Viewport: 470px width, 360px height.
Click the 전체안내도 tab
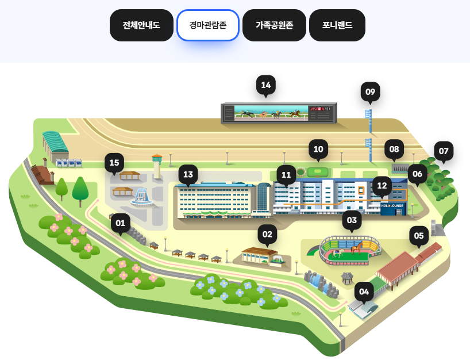[141, 25]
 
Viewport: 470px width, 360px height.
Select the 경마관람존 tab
[207, 25]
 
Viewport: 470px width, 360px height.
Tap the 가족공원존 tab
[273, 25]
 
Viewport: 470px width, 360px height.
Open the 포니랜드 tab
[337, 25]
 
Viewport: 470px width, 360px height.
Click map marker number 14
[265, 85]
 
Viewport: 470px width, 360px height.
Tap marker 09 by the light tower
[370, 92]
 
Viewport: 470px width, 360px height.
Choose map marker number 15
[114, 163]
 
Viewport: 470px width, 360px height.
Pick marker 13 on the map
[188, 174]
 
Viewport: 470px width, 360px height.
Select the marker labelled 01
[120, 223]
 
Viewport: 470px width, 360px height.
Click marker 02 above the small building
[267, 234]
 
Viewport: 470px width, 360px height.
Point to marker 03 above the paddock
[352, 220]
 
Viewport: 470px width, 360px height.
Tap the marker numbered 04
[364, 292]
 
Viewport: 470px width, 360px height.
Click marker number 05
[418, 235]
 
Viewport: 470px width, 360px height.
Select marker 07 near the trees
[443, 151]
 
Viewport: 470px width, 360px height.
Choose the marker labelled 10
[318, 149]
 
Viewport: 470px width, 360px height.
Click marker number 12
[382, 186]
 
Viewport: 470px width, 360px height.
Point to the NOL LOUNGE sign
[392, 205]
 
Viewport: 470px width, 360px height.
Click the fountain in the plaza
[141, 197]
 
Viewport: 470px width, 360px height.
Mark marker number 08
[394, 149]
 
